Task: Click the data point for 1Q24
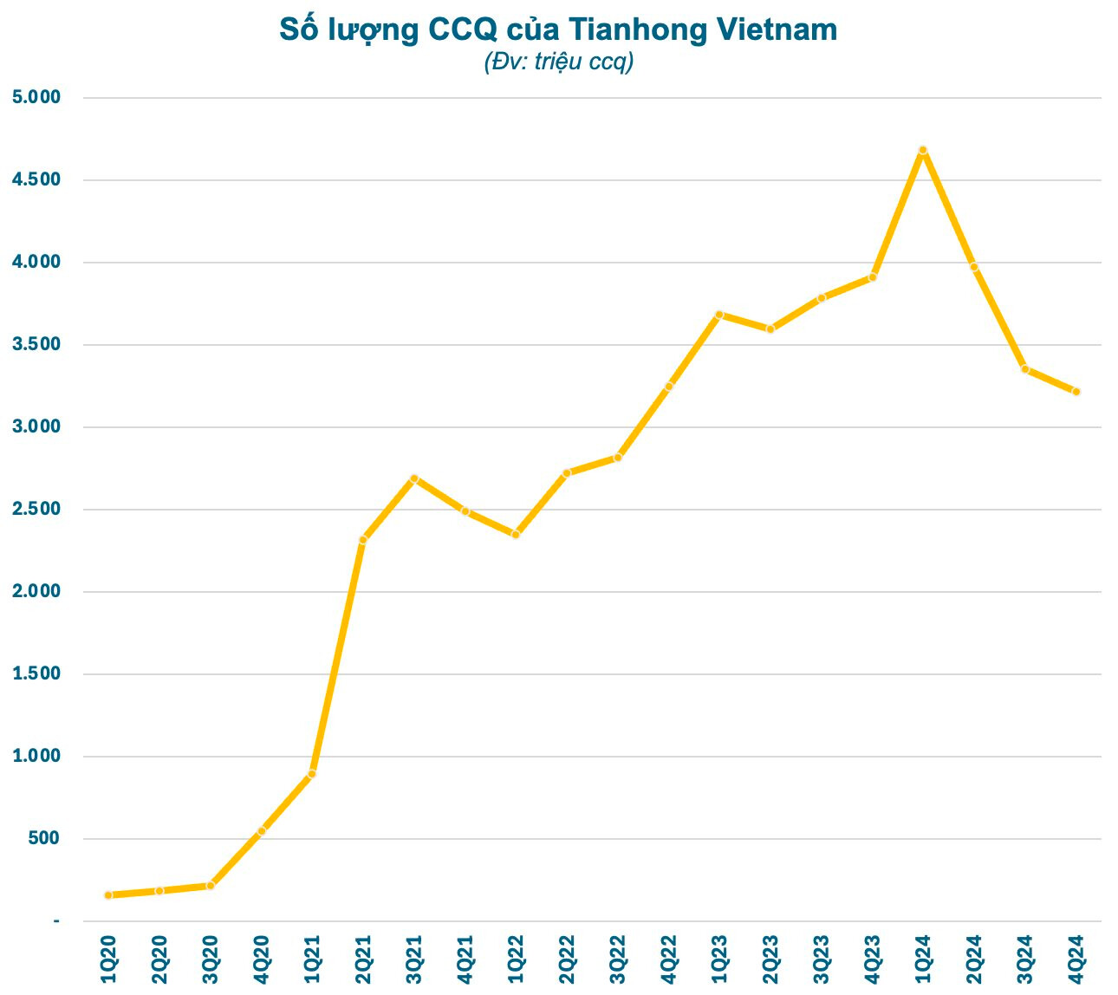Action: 923,150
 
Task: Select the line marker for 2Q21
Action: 363,540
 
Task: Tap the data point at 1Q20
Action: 108,894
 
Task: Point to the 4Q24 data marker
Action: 1076,392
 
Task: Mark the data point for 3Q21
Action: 414,478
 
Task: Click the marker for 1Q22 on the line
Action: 516,535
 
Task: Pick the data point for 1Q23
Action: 719,315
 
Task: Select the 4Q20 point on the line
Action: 262,831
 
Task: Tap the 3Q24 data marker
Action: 1025,369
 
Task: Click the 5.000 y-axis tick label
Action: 36,97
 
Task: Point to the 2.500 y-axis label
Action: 36,509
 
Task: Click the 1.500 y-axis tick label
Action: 36,673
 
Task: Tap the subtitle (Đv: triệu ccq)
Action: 559,62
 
